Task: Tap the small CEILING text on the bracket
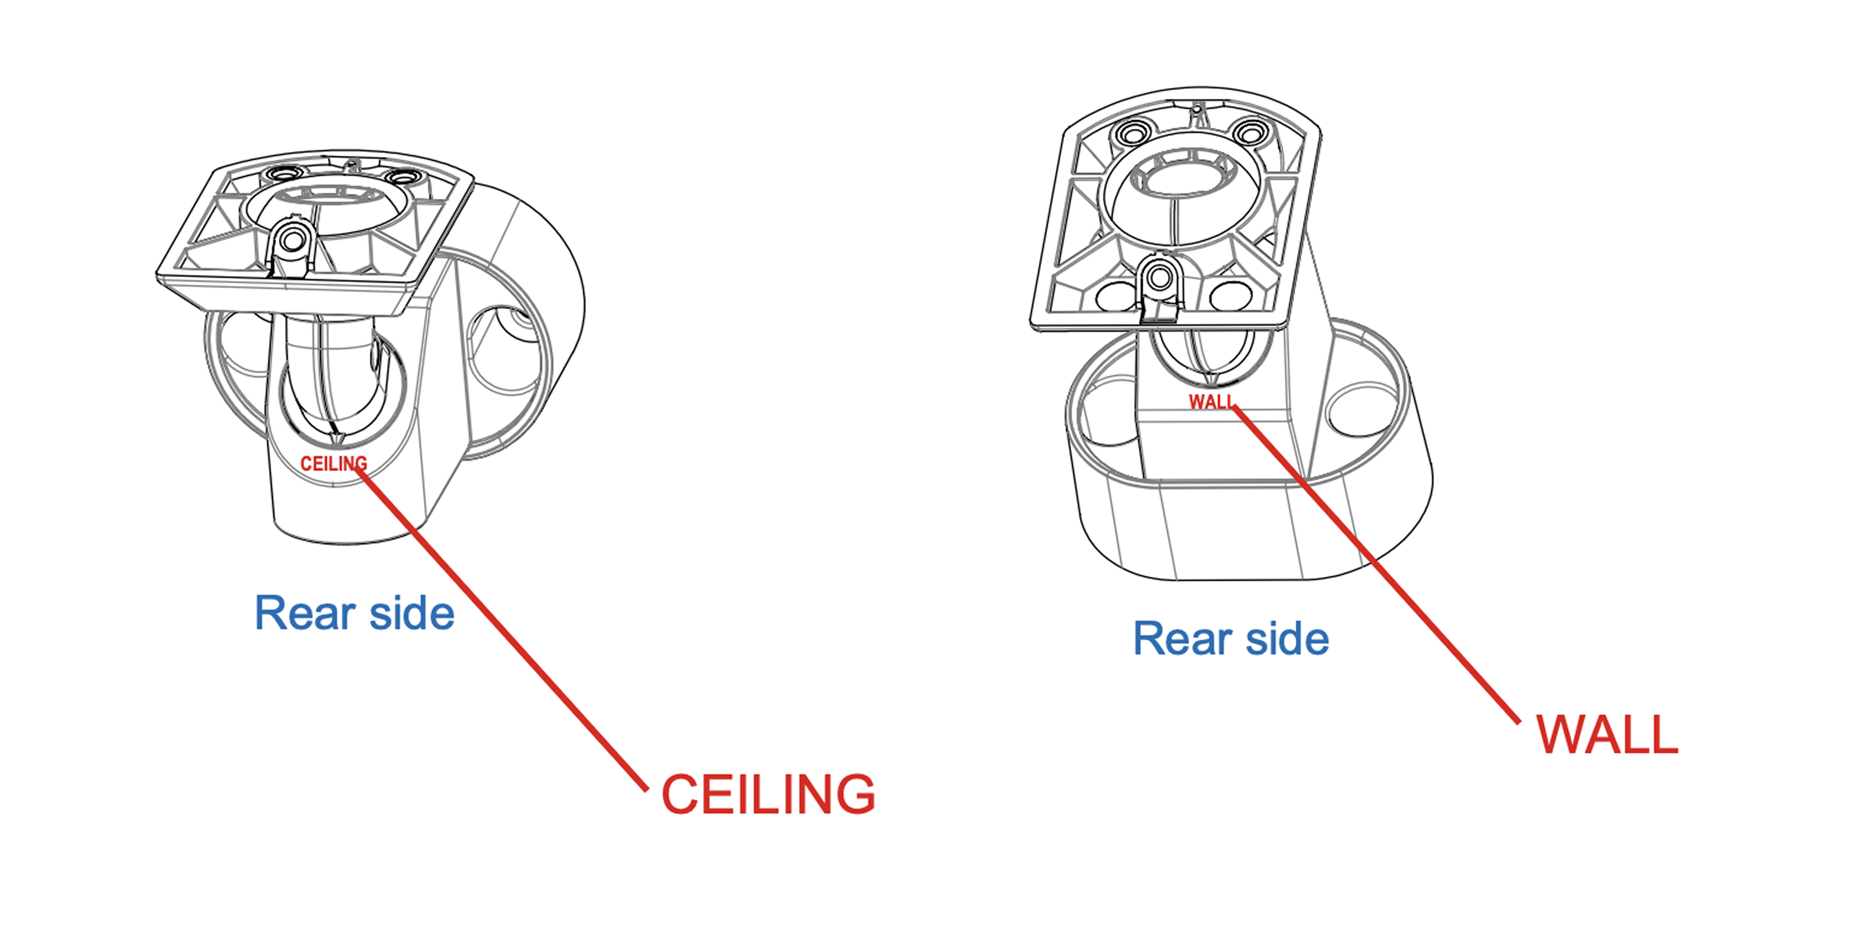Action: pos(333,463)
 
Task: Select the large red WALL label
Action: pos(1607,735)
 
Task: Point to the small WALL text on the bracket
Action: pos(1212,402)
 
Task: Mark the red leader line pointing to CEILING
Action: pos(506,636)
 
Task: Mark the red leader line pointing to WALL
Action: pos(1374,564)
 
